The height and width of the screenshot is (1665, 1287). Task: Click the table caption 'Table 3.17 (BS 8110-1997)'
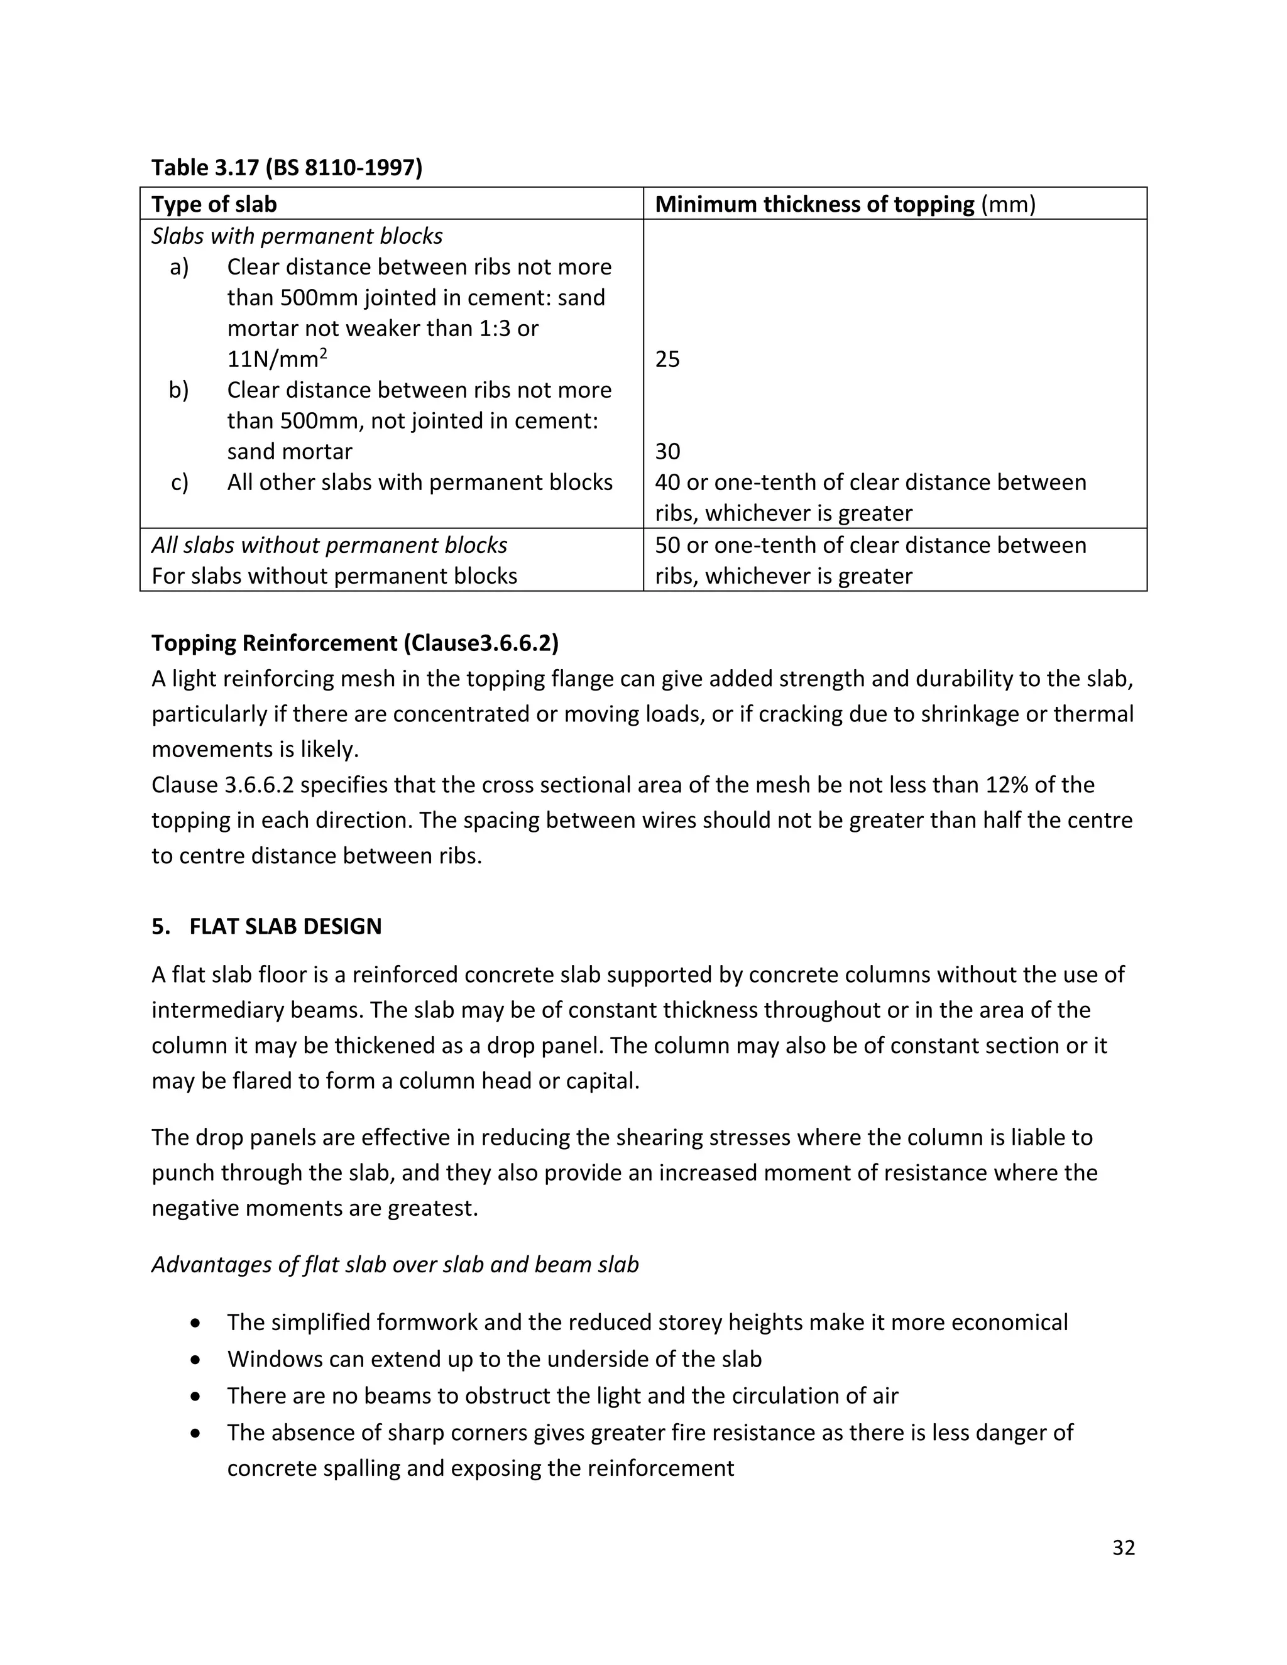287,167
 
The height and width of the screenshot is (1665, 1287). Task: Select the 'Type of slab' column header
214,204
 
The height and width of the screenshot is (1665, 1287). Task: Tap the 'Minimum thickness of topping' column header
814,204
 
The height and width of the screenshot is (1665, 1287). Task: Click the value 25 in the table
667,359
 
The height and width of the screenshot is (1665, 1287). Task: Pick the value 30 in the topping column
667,451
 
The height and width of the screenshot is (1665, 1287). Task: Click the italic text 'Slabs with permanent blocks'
297,236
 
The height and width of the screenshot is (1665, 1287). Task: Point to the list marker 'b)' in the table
178,390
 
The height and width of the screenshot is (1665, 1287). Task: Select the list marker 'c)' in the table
179,483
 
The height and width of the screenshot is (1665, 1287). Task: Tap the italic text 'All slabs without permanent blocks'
329,545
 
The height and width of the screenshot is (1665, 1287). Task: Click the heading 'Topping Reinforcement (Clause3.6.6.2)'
354,643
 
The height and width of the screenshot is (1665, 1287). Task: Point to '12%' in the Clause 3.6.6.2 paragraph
1013,785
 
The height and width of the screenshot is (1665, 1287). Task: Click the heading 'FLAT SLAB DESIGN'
285,926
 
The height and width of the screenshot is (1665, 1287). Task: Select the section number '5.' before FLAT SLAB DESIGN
160,926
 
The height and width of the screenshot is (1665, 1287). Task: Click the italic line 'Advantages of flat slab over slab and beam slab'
395,1264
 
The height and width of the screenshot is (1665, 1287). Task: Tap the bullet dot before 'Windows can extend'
197,1359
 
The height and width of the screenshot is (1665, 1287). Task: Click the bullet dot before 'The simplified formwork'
197,1323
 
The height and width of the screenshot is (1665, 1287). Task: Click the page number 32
1123,1547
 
